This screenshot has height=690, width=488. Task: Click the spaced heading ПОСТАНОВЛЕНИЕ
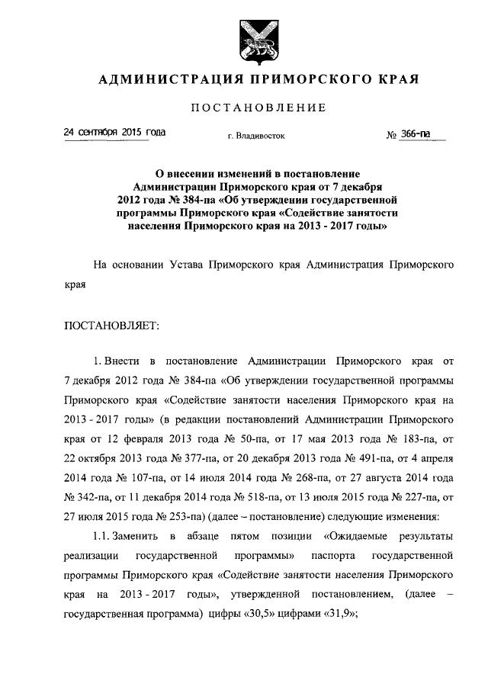258,108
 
